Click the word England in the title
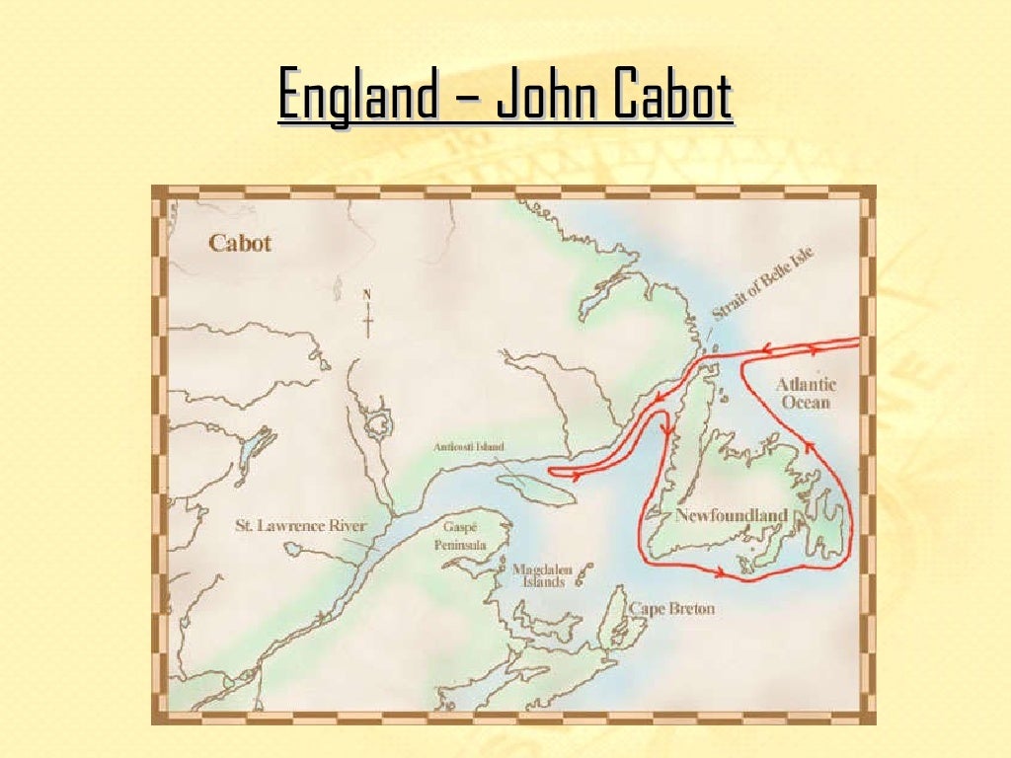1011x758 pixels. pos(357,96)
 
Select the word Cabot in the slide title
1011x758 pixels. pos(671,96)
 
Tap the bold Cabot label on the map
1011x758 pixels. pos(240,243)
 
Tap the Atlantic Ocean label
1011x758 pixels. pos(806,393)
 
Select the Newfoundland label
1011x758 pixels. pos(732,515)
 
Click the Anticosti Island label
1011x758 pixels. pos(468,447)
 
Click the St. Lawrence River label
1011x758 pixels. pos(300,526)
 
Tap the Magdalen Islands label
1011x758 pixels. pos(538,575)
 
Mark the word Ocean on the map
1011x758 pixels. pos(806,403)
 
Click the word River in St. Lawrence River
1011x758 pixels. pos(345,526)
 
